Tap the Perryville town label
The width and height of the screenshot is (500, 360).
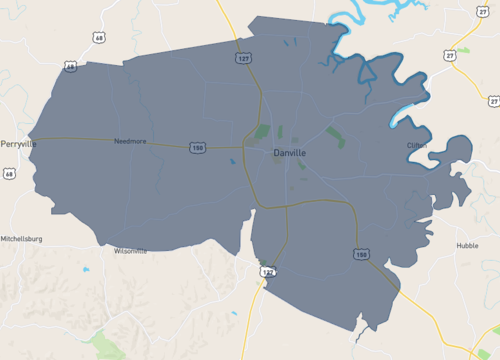pos(18,143)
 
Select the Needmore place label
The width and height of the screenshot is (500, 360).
pos(130,141)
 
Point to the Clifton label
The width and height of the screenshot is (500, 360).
pos(417,145)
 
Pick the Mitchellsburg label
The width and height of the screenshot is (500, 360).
pos(22,239)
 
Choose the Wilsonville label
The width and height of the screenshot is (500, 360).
pos(130,251)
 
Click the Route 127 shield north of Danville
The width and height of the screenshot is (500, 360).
pos(244,59)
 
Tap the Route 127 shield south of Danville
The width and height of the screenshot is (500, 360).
pos(266,271)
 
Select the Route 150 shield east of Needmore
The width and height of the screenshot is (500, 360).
pos(198,147)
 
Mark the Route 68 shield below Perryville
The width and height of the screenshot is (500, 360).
pos(9,174)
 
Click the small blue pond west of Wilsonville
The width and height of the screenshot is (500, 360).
pos(86,269)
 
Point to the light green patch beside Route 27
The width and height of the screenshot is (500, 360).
pos(463,49)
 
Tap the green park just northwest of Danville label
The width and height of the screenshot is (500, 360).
pos(262,132)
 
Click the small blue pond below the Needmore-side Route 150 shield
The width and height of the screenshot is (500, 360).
pos(232,161)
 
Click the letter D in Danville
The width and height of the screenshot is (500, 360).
pos(276,153)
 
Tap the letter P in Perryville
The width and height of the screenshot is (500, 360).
pos(3,143)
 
